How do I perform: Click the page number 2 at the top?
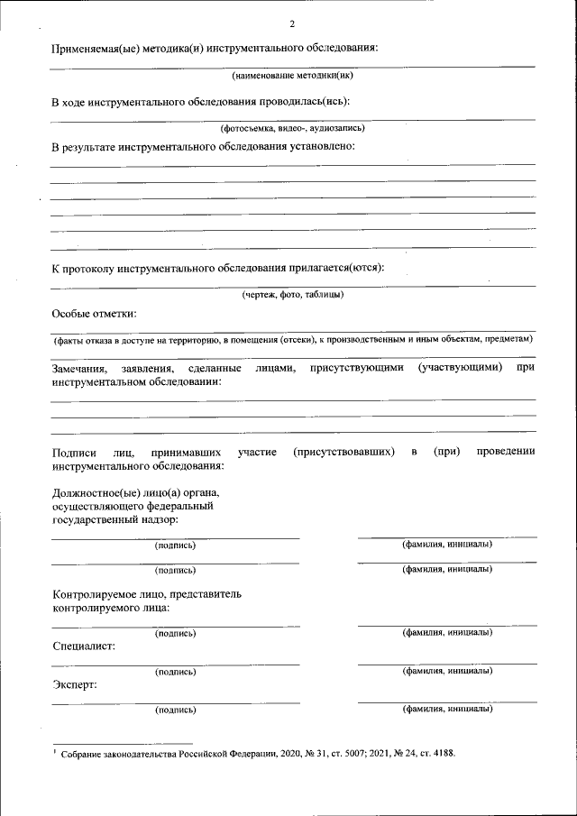click(x=291, y=24)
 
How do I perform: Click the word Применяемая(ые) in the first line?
click(x=95, y=48)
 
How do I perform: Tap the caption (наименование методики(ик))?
click(x=292, y=76)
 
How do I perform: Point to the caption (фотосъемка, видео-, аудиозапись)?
click(x=292, y=129)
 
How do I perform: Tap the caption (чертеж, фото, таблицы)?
click(x=292, y=294)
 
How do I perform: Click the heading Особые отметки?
click(x=95, y=314)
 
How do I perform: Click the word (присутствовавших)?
click(x=343, y=451)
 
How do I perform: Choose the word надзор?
click(x=156, y=519)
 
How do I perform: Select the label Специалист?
click(x=84, y=646)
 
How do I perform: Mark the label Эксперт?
click(x=75, y=684)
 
